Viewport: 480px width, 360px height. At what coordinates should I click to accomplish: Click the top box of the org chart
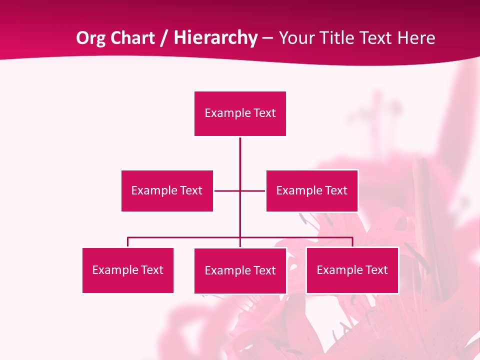[x=240, y=113]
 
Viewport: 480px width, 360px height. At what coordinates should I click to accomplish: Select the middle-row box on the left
[x=167, y=190]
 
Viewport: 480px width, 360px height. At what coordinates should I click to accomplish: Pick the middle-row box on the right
[x=311, y=190]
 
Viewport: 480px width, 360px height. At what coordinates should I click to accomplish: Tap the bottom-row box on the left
[x=127, y=270]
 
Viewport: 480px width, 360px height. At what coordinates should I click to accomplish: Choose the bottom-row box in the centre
[x=240, y=270]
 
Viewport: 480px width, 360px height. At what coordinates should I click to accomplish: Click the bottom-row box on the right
[x=352, y=270]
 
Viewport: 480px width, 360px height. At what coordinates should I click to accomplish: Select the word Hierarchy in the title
[x=215, y=38]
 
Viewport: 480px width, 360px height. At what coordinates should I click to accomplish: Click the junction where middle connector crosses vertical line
[x=240, y=190]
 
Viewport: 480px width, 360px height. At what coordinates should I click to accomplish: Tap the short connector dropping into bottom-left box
[x=127, y=242]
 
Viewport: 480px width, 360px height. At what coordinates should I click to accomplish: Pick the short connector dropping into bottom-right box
[x=352, y=242]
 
